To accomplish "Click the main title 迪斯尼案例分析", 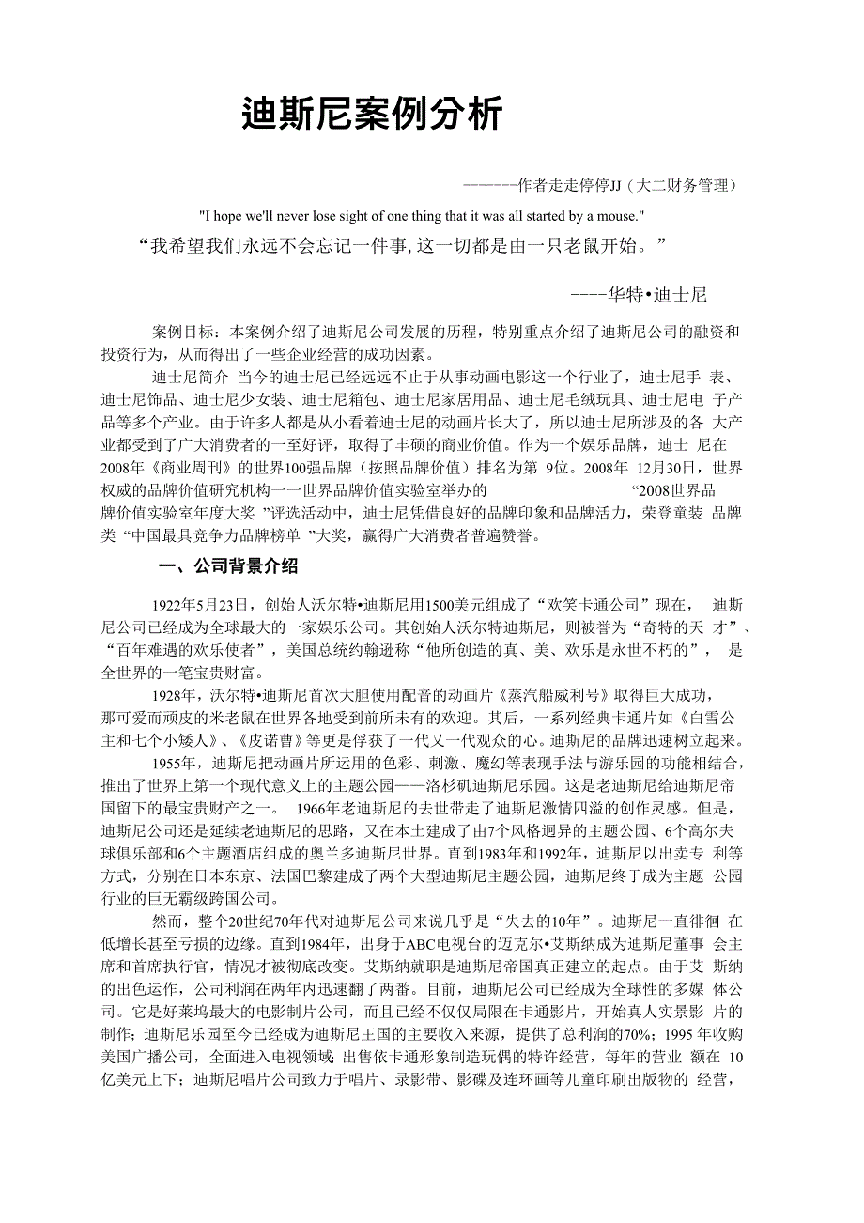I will coord(372,114).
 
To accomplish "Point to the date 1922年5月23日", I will coord(199,604).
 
